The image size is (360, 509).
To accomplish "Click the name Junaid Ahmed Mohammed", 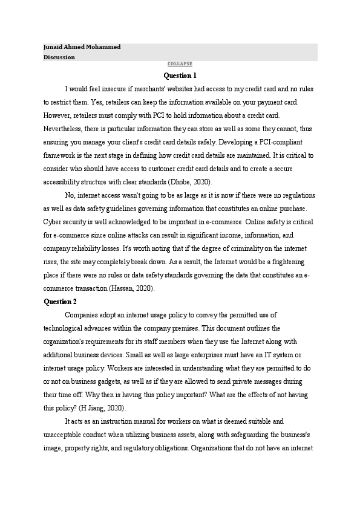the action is pos(82,47).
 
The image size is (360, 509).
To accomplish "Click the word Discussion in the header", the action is pos(59,57).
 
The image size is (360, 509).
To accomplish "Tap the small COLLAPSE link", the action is pos(180,64).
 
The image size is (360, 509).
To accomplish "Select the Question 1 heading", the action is pos(180,76).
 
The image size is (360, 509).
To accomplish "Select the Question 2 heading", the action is pos(61,301).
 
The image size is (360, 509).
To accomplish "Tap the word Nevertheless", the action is pos(64,128).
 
